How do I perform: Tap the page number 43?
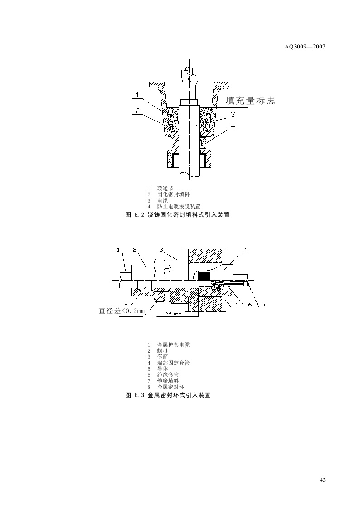tap(322, 480)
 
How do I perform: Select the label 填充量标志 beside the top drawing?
tap(250, 101)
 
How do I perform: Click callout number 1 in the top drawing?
tap(137, 95)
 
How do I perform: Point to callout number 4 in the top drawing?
tap(233, 126)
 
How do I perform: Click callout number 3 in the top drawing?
tap(233, 114)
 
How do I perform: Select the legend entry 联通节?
tap(165, 188)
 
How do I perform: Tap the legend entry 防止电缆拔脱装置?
tap(179, 206)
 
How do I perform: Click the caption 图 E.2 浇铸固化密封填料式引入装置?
tap(177, 215)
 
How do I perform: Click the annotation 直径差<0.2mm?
tap(122, 311)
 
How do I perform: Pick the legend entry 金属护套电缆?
tap(173, 345)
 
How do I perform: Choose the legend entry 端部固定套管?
tap(173, 363)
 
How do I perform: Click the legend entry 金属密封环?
tap(170, 387)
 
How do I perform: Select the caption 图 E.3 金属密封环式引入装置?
tap(168, 395)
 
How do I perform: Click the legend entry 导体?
tap(162, 369)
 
